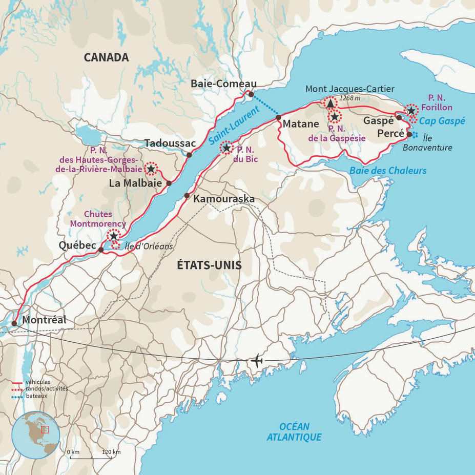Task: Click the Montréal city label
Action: point(45,320)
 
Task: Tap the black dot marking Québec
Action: point(101,250)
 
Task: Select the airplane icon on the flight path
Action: point(257,361)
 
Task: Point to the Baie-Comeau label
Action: point(223,84)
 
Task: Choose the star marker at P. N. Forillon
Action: point(411,110)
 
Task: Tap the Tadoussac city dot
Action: point(189,155)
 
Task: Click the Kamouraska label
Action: point(224,198)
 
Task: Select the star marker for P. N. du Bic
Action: point(226,148)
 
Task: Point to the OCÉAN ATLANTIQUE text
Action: point(294,431)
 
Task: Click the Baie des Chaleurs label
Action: point(388,170)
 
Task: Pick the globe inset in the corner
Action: point(36,435)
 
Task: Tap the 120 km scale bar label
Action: point(111,451)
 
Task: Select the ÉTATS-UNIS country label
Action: point(209,265)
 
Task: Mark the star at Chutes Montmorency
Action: point(113,236)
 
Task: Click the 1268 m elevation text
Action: point(350,98)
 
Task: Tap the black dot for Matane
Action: point(278,117)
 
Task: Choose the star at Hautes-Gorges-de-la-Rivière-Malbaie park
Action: point(151,168)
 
